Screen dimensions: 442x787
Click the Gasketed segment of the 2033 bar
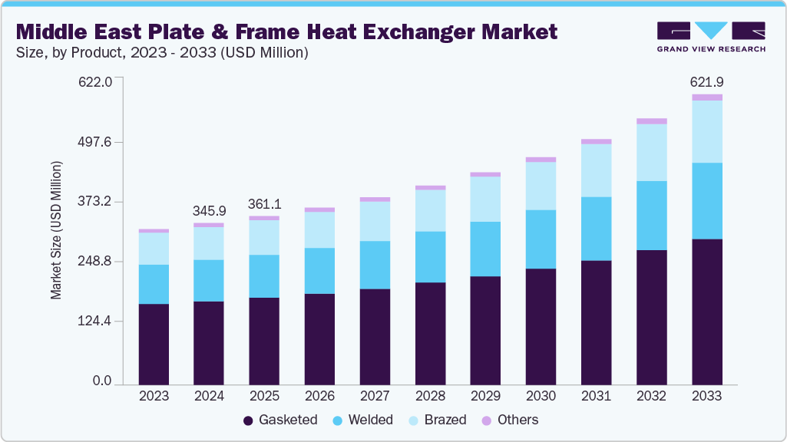(x=706, y=311)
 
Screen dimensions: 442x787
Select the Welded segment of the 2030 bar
(x=541, y=239)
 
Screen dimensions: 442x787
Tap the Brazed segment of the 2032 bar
(x=651, y=152)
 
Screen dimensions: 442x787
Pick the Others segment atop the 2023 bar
(x=154, y=230)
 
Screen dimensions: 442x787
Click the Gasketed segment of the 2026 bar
(x=319, y=338)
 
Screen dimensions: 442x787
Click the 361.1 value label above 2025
(x=264, y=204)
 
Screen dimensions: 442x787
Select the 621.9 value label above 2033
(x=706, y=81)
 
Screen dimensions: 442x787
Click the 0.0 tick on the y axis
(x=102, y=381)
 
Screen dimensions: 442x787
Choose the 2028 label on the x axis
(x=430, y=396)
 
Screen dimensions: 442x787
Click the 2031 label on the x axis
(x=596, y=396)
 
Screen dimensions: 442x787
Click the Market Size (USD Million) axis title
(x=56, y=231)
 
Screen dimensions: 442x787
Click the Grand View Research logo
(x=710, y=36)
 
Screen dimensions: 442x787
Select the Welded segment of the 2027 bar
(x=375, y=265)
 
